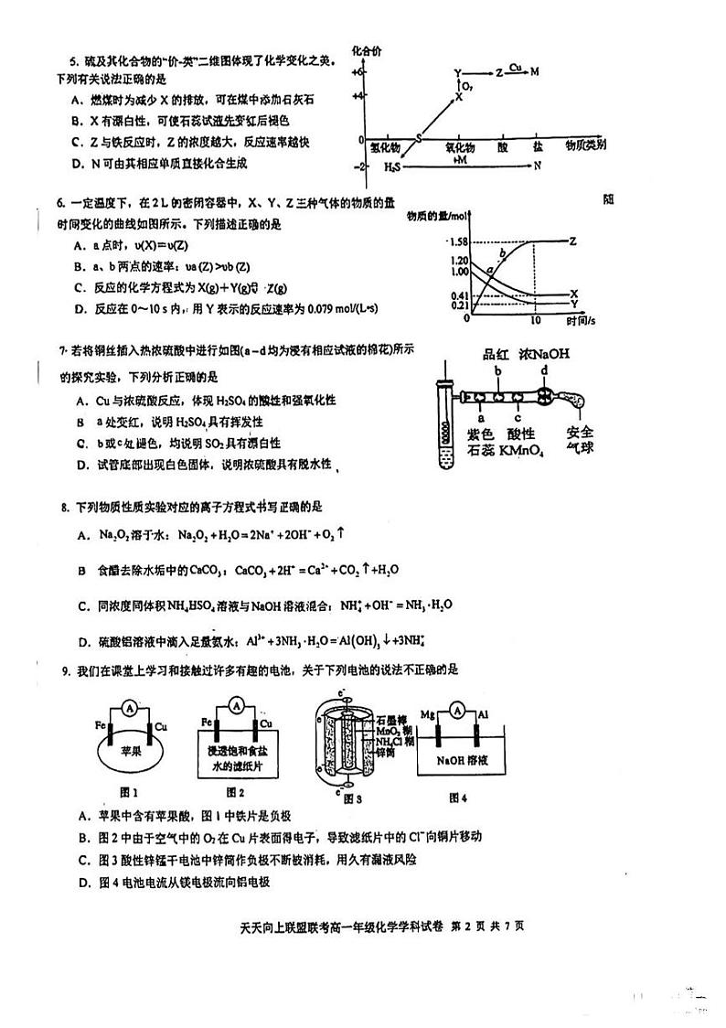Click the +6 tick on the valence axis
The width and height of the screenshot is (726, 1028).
[x=359, y=71]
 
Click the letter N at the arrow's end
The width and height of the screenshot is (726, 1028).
[x=538, y=166]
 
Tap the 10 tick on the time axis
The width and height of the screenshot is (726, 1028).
[x=536, y=320]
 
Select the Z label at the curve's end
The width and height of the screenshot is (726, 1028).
[x=572, y=241]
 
